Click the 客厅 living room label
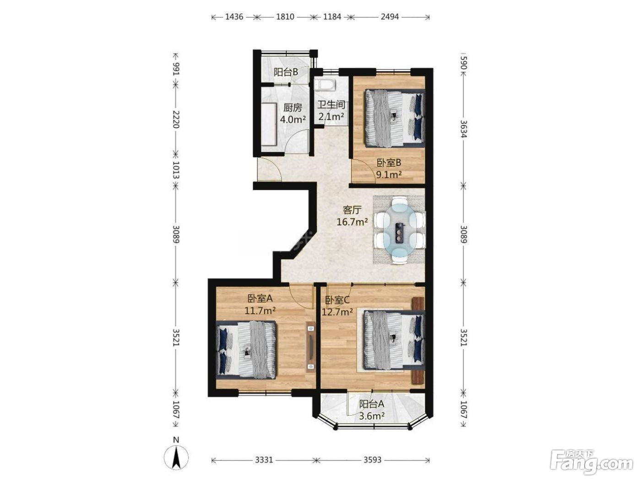(352, 209)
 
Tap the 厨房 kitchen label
(293, 108)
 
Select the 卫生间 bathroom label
(331, 105)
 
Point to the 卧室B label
(389, 163)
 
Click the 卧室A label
(260, 298)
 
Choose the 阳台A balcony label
(371, 404)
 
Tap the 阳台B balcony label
(286, 72)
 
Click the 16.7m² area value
(352, 222)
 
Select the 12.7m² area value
(337, 312)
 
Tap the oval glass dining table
(400, 230)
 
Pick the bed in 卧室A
(246, 349)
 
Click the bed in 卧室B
(394, 118)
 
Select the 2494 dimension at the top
(390, 17)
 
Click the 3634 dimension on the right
(463, 129)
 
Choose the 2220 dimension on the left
(176, 119)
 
